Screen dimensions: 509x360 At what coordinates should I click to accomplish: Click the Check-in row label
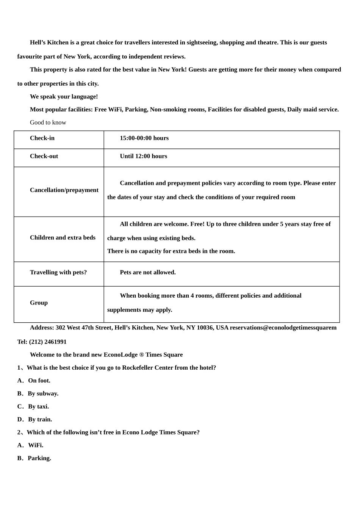[x=42, y=138]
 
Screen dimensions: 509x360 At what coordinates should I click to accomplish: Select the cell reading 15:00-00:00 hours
[x=144, y=138]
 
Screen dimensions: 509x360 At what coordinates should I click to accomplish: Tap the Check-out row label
[x=44, y=156]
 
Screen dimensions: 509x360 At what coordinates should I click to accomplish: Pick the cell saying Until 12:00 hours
[x=143, y=156]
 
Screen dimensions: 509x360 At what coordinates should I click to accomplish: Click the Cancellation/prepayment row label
[x=64, y=190]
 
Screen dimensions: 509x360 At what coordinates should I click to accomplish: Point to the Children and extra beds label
[x=63, y=238]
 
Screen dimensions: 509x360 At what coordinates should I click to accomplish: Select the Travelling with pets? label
[x=58, y=273]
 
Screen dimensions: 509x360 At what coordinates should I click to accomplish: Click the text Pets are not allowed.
[x=148, y=273]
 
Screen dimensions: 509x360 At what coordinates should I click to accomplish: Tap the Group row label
[x=39, y=303]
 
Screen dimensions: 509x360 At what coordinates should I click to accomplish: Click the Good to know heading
[x=48, y=123]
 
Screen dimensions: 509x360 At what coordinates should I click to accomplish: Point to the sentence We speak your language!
[x=64, y=97]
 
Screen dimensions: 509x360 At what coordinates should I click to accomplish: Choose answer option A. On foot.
[x=34, y=381]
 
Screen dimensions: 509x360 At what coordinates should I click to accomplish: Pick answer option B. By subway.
[x=38, y=393]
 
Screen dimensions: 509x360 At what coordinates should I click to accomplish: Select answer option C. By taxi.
[x=33, y=406]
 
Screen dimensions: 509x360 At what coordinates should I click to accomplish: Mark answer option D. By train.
[x=34, y=420]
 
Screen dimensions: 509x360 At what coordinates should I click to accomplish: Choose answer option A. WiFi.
[x=30, y=445]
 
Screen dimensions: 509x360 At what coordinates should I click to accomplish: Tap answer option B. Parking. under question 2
[x=34, y=458]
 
